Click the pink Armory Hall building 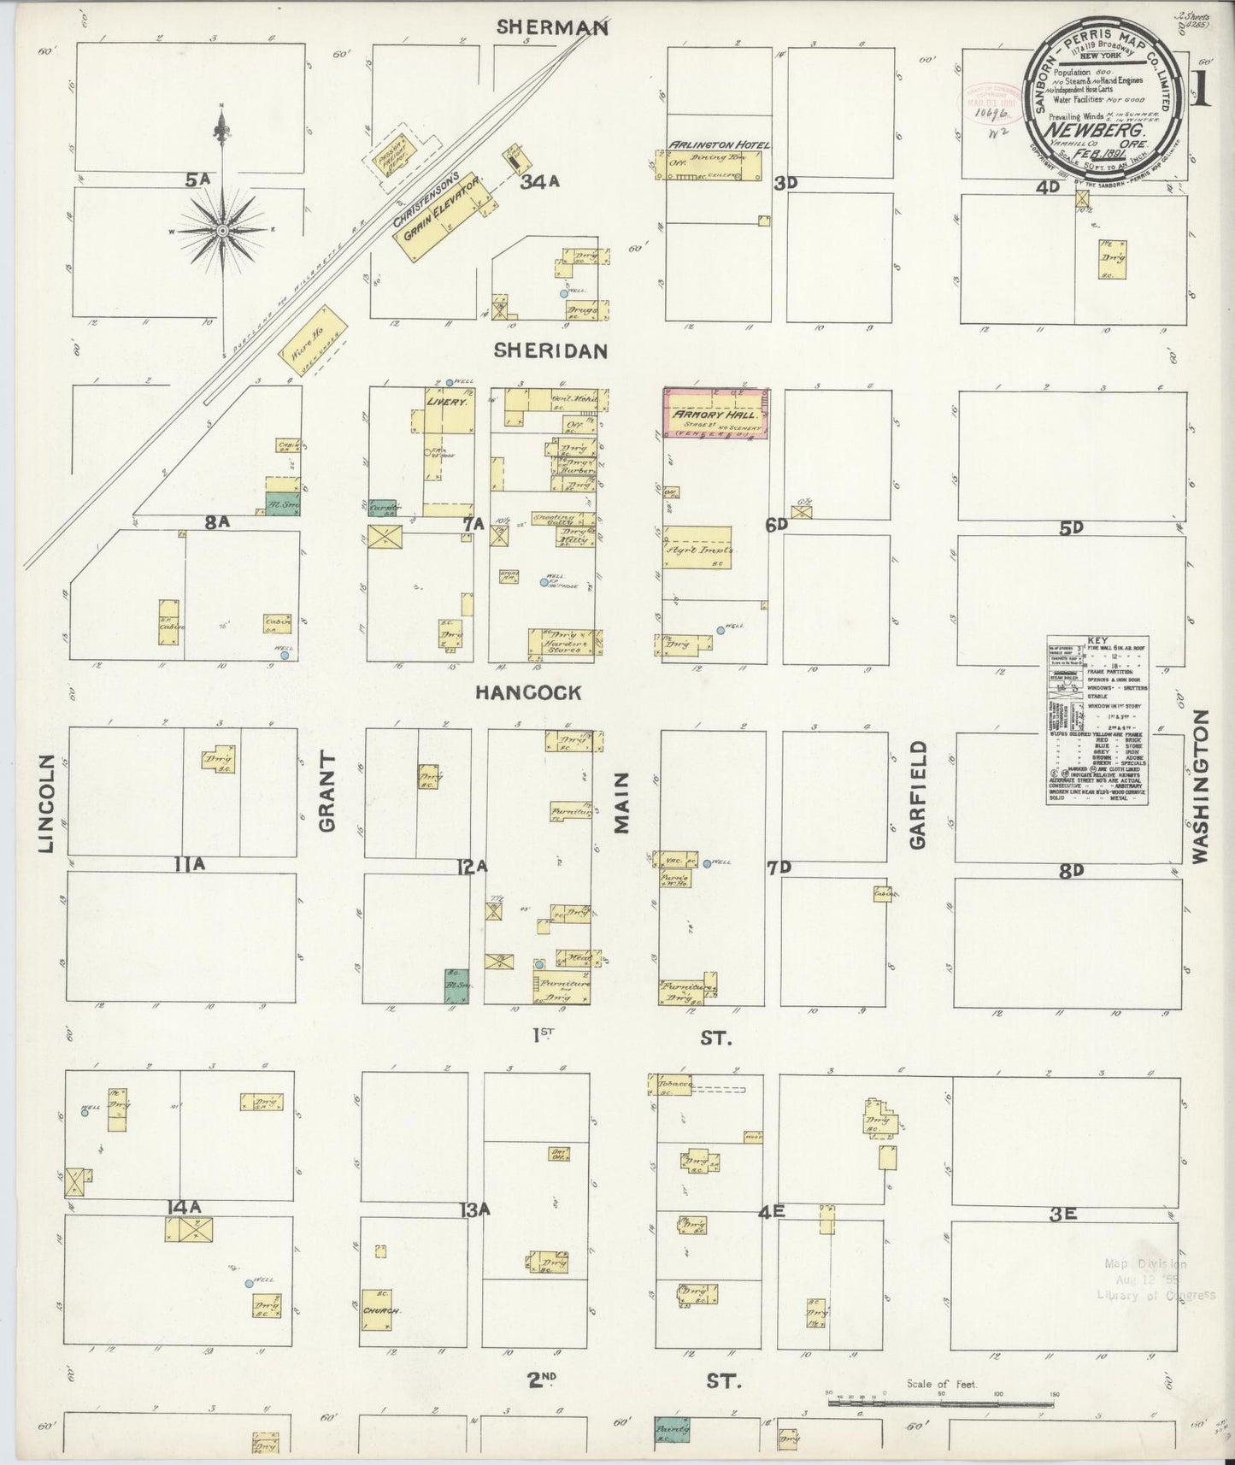coord(715,415)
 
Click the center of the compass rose coord(222,230)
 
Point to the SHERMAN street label coord(553,27)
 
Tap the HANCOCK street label coord(528,692)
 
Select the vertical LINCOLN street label coord(47,803)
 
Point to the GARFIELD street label coord(917,795)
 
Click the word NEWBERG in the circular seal coord(1109,132)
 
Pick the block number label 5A coord(197,179)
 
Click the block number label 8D coord(1071,870)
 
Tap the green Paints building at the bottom coord(672,1427)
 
